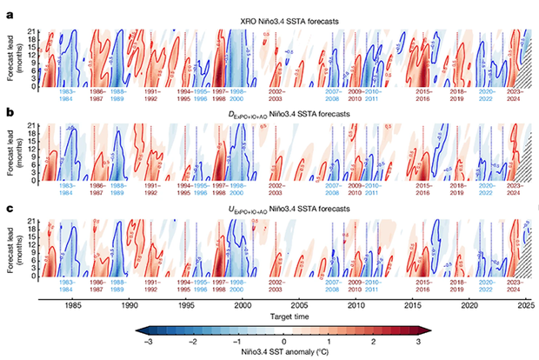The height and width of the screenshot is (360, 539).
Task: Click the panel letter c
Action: click(x=9, y=210)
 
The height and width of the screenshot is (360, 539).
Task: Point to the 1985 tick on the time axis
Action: click(x=73, y=306)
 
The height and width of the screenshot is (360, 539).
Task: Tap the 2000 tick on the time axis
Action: click(x=243, y=306)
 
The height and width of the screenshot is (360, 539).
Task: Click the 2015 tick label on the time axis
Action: click(x=412, y=306)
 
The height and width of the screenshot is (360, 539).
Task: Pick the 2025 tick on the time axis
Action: click(x=525, y=306)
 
